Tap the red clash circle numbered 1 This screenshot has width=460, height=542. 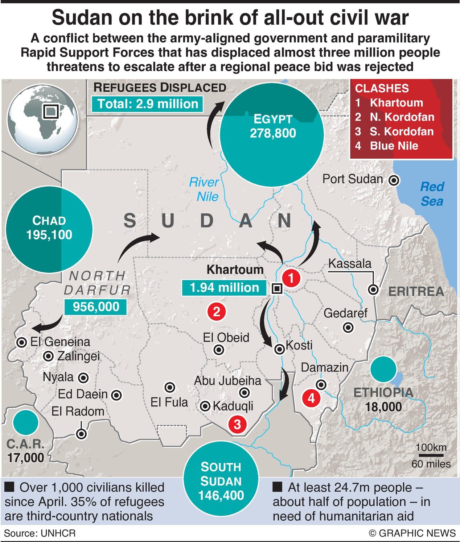[291, 278]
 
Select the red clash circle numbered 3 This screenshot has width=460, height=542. [237, 424]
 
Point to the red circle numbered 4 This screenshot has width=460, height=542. [311, 398]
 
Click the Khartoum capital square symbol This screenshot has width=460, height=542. [277, 289]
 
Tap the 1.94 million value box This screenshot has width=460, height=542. [225, 288]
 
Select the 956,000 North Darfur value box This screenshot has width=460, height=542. [96, 307]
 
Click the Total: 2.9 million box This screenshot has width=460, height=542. [147, 104]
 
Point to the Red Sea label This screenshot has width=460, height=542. [432, 194]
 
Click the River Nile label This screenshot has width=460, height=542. [204, 189]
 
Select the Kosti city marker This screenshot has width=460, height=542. [279, 349]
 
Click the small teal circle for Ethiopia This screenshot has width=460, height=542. [383, 369]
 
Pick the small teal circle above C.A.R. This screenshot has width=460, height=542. [25, 422]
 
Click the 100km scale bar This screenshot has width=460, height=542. [431, 455]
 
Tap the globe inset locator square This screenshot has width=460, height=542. [50, 112]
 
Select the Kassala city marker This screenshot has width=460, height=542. [373, 289]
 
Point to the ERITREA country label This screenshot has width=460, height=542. [416, 291]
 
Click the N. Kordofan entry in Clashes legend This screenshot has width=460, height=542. [402, 117]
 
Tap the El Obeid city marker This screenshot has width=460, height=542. [219, 350]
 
